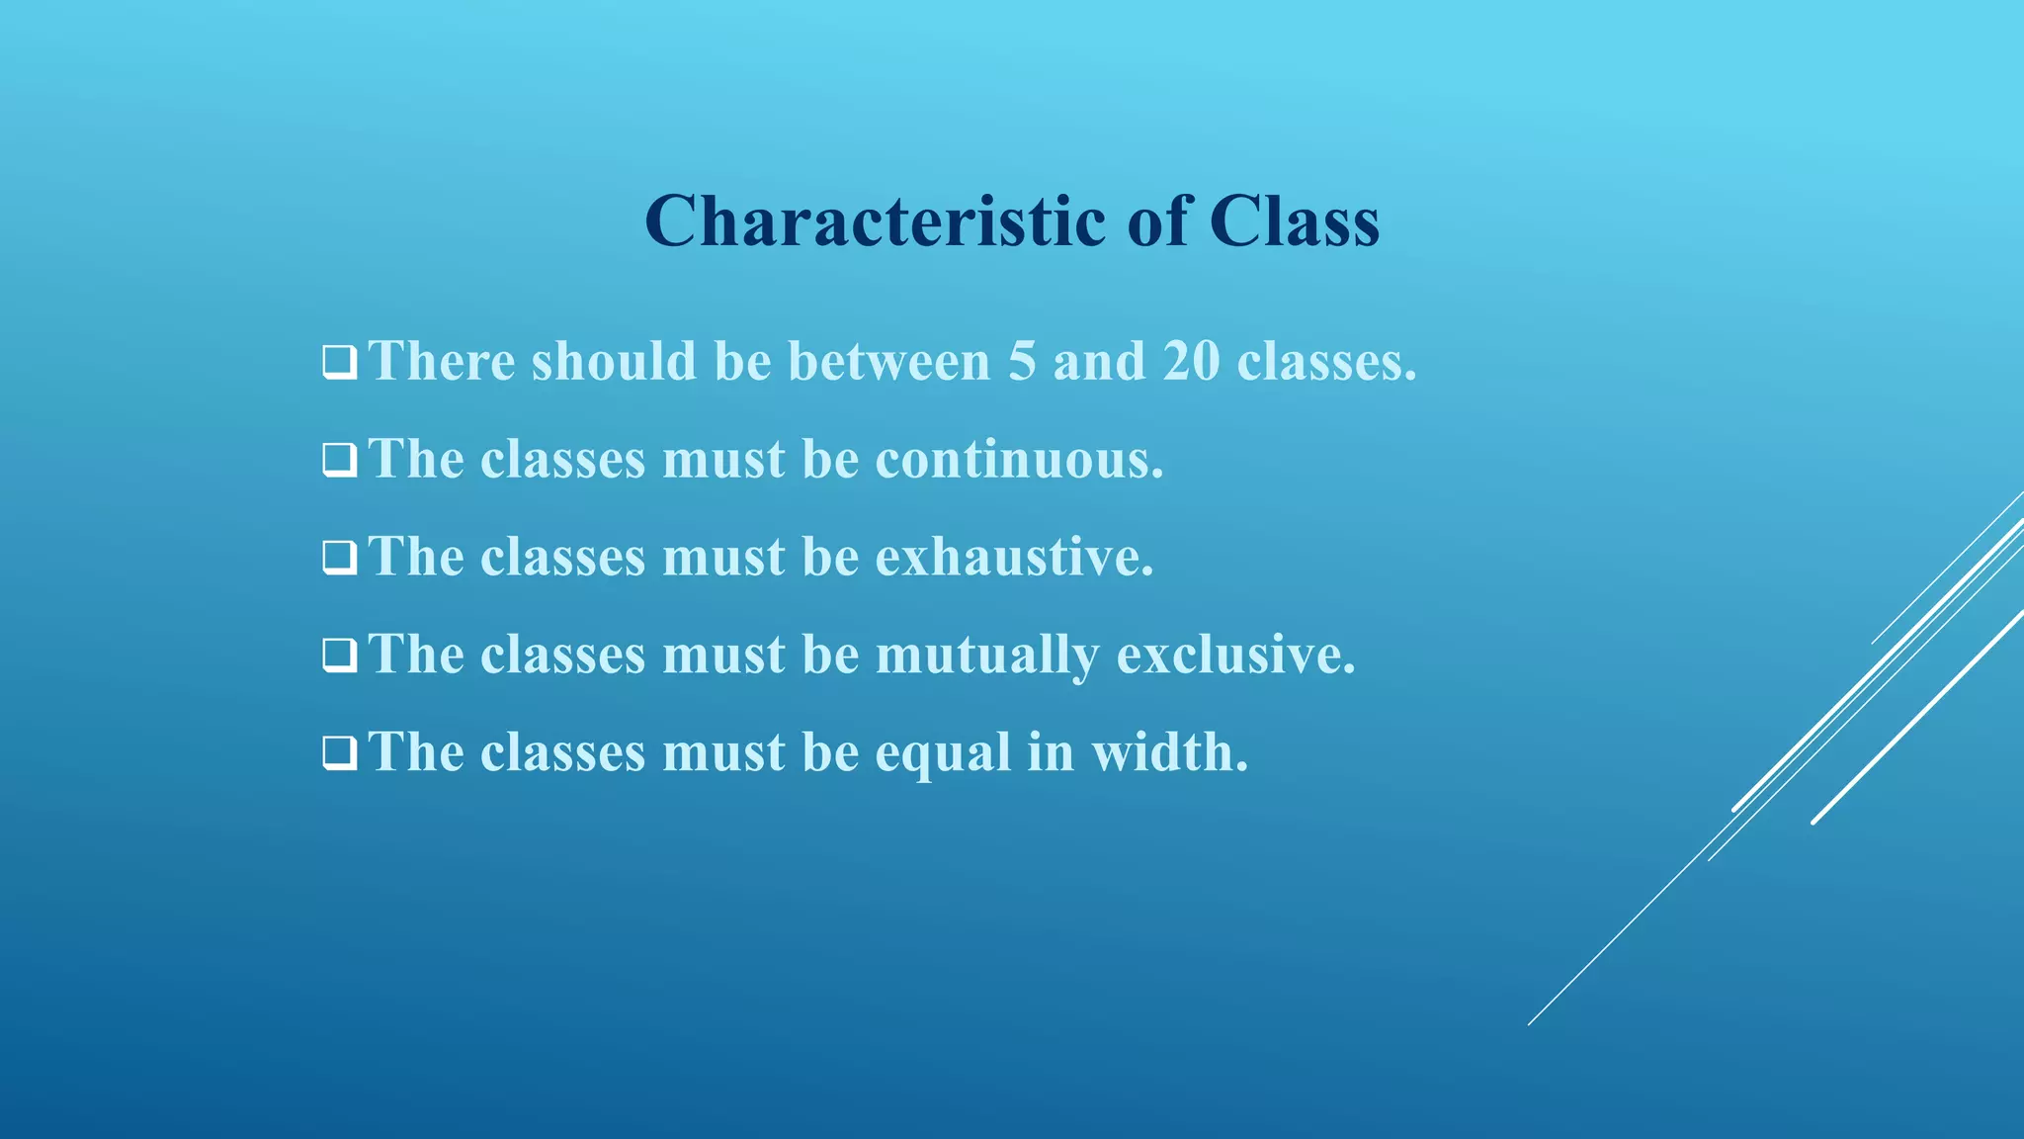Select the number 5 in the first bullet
coord(1022,361)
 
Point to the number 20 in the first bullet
coord(1191,361)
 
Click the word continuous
coord(1019,460)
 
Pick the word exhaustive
coord(1014,557)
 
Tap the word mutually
coord(987,656)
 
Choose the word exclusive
coord(1235,655)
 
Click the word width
coord(1170,752)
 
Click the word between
coord(888,361)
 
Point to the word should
coord(614,361)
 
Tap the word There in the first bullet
coord(442,361)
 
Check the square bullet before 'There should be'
coord(339,363)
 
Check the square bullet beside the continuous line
coord(339,461)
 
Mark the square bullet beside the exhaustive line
coord(339,559)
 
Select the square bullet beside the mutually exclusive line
coord(339,657)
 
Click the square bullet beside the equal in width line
coord(339,754)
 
